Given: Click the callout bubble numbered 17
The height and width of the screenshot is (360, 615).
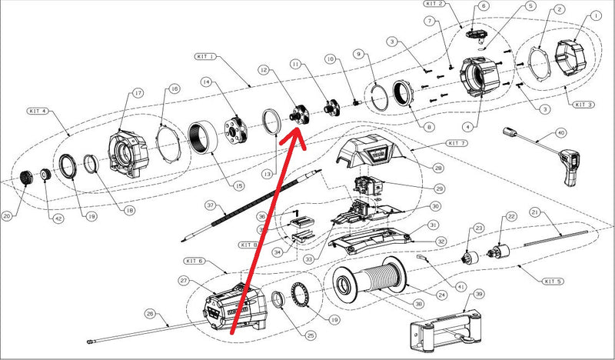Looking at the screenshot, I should pos(138,93).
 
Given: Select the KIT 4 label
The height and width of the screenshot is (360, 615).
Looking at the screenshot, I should pos(37,112).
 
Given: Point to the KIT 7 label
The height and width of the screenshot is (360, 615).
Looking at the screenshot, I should pos(457,143).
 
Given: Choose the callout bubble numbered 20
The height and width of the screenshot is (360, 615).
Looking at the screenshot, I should pos(7,216).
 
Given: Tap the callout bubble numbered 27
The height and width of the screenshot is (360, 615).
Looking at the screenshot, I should pos(184,280).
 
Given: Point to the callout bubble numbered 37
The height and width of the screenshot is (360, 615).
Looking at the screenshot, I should pos(209,205).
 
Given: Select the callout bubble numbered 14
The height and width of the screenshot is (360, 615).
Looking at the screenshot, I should pos(205,82).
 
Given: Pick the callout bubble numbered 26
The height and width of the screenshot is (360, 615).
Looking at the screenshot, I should pos(150,314).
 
